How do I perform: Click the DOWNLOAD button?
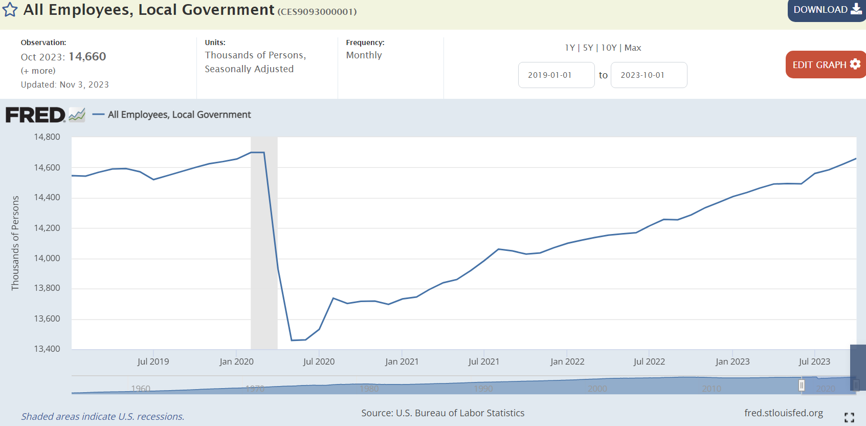(x=826, y=10)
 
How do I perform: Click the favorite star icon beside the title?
(x=10, y=10)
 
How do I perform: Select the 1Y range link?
(x=569, y=48)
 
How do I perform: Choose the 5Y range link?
(x=588, y=48)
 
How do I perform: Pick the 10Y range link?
(x=609, y=48)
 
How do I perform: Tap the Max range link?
(x=633, y=48)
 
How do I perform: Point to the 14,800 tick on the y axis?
(x=47, y=137)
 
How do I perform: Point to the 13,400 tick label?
(x=47, y=349)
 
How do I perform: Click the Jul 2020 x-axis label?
(x=319, y=361)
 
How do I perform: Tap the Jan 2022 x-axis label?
(x=567, y=361)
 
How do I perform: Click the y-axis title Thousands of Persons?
(x=15, y=243)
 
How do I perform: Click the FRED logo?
(x=35, y=115)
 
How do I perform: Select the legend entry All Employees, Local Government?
(x=179, y=115)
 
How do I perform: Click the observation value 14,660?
(x=87, y=57)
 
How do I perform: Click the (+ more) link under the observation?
(x=38, y=71)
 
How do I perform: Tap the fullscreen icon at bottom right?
(x=849, y=417)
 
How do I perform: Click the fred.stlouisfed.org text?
(x=783, y=413)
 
